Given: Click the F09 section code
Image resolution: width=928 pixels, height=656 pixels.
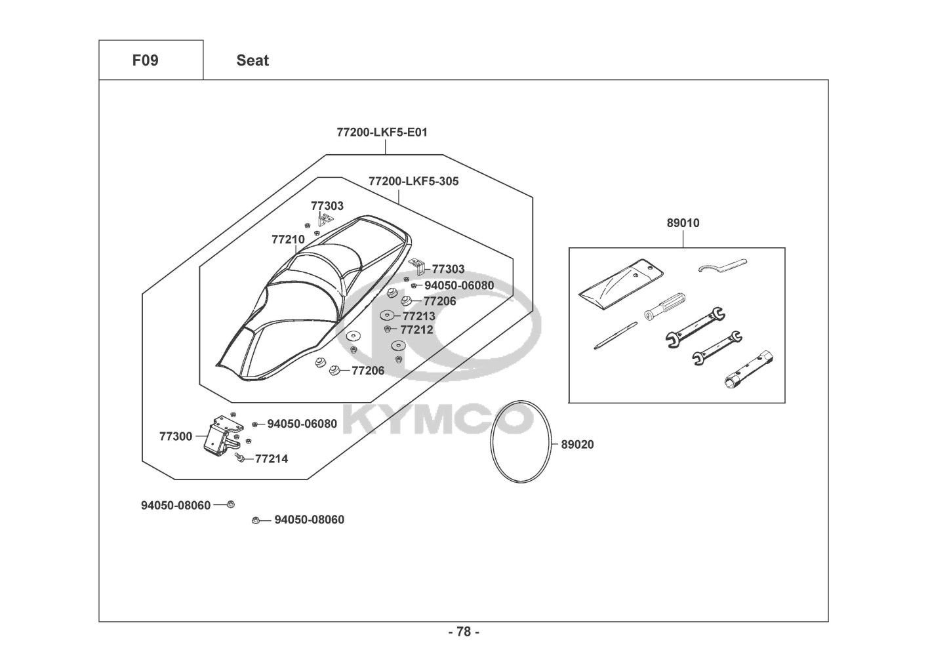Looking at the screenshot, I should point(145,60).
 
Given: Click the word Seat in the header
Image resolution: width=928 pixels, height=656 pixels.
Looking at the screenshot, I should point(252,60).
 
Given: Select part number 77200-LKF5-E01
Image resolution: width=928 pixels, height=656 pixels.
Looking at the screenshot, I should point(382,132).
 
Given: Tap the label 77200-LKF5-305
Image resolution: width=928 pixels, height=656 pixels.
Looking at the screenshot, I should point(413,181).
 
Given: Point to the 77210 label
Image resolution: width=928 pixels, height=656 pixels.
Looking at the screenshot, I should point(288,239).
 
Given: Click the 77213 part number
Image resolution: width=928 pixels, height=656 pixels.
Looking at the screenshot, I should point(418,316).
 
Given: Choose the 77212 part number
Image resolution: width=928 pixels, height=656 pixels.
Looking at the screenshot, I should point(416,330).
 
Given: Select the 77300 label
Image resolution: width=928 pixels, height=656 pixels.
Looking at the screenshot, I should point(175,436).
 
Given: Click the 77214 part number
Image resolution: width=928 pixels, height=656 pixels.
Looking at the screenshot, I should point(271,459).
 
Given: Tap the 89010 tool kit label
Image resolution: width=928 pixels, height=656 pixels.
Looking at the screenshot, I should point(683,223).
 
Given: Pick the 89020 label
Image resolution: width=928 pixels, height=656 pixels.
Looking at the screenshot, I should point(577,445).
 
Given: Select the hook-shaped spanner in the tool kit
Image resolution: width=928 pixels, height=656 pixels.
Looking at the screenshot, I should point(721,266).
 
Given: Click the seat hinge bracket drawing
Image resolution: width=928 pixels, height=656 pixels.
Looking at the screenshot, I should point(220,436).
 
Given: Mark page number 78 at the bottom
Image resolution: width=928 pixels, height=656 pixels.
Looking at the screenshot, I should point(464,632).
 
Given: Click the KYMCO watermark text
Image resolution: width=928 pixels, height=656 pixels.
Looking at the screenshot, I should point(437,420).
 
